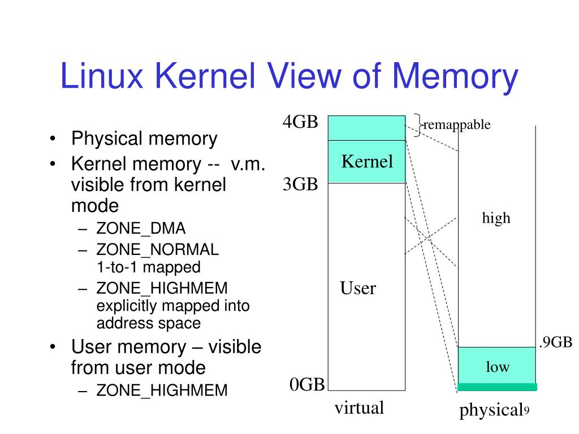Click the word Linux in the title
[102, 76]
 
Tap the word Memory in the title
[455, 77]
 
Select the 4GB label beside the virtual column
[300, 122]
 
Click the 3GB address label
[300, 184]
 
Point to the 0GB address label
[307, 384]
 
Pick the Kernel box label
[367, 161]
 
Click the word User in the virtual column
[358, 288]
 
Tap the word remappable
[457, 125]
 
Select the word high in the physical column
[496, 218]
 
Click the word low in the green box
[498, 367]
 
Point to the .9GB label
[556, 342]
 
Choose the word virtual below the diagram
[359, 408]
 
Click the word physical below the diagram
[491, 410]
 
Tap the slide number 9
[526, 411]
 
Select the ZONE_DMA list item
[141, 229]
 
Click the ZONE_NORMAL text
[158, 250]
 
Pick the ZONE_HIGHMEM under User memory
[162, 390]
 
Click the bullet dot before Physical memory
[53, 139]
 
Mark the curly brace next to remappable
[418, 125]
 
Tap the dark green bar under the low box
[497, 387]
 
